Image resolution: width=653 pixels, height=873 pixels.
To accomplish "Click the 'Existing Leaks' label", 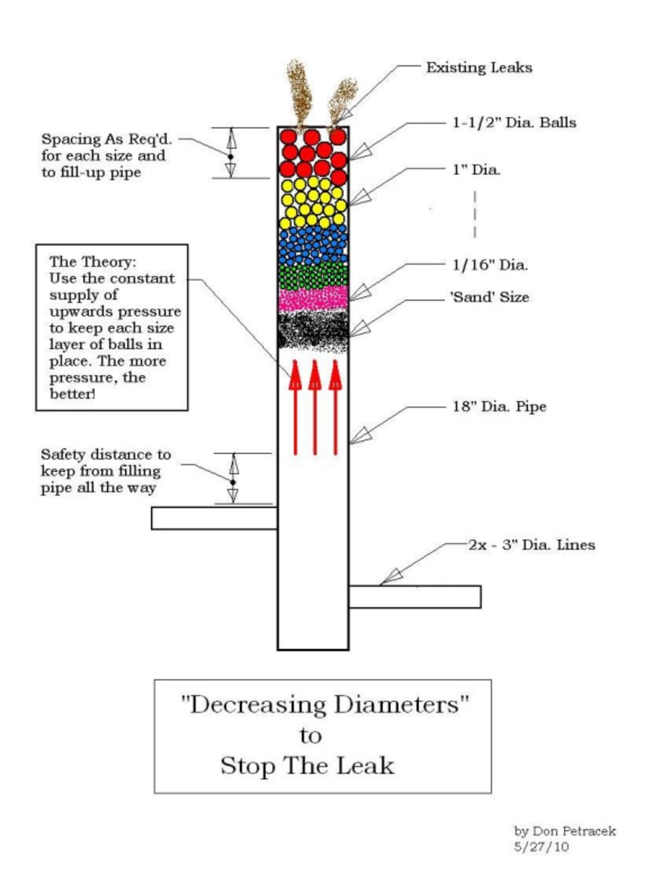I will click(478, 68).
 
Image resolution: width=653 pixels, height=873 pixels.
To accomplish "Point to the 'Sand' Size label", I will click(489, 297).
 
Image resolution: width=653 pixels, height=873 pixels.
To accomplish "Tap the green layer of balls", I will click(313, 275).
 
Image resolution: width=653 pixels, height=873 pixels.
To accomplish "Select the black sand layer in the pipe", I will click(313, 331).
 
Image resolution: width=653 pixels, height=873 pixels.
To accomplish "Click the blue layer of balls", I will click(313, 244).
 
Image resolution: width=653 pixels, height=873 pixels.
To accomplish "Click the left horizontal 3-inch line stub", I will click(214, 518).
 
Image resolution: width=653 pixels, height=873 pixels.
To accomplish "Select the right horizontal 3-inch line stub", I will click(415, 597).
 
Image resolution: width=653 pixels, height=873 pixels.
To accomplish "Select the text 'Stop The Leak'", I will click(307, 765).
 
